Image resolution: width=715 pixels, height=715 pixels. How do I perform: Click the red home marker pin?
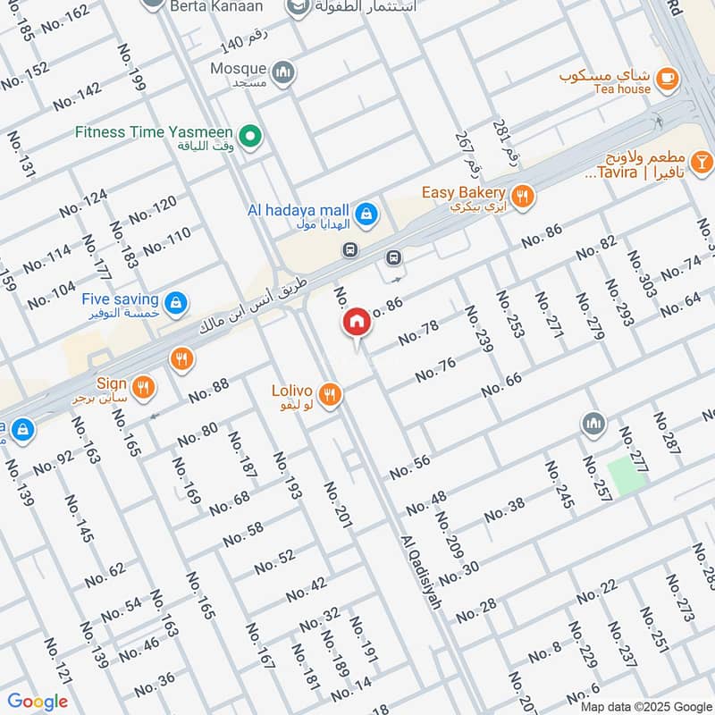pos(356,323)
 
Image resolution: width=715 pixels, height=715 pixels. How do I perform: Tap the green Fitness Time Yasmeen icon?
pos(252,136)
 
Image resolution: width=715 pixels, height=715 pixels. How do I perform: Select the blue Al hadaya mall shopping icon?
pos(365,214)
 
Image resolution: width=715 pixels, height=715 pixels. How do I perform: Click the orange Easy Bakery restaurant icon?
pos(523,195)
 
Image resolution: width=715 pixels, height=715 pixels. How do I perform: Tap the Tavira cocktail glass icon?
pos(702,162)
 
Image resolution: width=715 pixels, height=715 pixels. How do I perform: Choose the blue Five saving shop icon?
pos(177,301)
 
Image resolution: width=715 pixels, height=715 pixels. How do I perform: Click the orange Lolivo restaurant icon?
pos(330,394)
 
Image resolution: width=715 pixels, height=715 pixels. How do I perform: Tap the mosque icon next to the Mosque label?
pos(283,71)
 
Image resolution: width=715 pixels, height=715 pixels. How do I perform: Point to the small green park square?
pos(626,474)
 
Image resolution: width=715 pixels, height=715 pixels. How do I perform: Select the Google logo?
pos(38,702)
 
